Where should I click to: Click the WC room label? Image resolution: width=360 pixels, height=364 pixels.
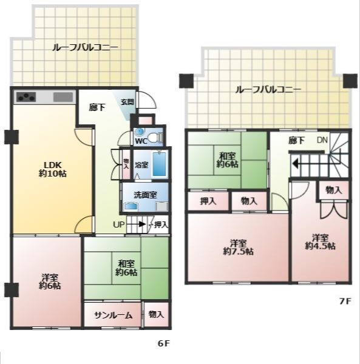(x=141, y=141)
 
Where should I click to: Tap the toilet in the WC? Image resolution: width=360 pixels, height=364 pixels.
(x=155, y=138)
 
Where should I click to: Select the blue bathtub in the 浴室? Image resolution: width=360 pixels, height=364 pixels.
(x=159, y=164)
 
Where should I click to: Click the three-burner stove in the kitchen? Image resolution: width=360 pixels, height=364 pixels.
(x=26, y=97)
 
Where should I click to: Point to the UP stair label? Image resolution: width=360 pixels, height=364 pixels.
(x=118, y=224)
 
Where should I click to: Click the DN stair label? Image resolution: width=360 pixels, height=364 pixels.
(x=322, y=140)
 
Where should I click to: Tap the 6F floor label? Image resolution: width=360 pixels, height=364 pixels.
(x=164, y=343)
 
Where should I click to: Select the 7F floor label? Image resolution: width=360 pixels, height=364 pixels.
(x=345, y=301)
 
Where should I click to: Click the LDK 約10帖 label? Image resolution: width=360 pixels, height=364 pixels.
(x=52, y=169)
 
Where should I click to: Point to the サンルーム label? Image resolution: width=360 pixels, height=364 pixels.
(x=114, y=315)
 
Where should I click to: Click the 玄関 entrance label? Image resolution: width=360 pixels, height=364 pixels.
(x=127, y=102)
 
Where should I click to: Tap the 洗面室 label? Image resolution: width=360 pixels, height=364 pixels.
(x=145, y=195)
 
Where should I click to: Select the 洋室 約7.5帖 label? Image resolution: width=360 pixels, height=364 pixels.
(x=238, y=248)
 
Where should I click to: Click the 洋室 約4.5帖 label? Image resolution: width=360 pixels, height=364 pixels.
(x=320, y=242)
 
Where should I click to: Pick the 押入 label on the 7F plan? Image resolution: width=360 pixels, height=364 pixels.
(x=208, y=201)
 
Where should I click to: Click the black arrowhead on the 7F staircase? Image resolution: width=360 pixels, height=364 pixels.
(x=295, y=164)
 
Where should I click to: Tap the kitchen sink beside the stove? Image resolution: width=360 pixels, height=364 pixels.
(x=63, y=97)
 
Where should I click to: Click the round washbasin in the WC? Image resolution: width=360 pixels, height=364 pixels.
(x=140, y=132)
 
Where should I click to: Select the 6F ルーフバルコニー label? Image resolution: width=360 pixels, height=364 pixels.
(x=85, y=47)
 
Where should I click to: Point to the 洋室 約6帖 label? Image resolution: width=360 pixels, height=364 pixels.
(x=50, y=281)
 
